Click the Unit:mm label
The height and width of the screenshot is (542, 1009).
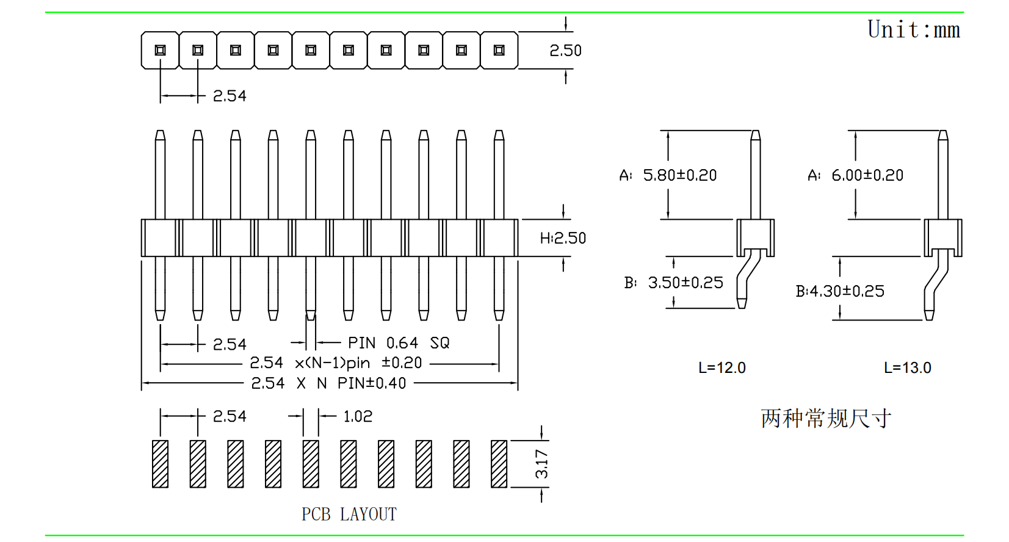[x=914, y=30]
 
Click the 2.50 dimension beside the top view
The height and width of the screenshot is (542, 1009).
[x=565, y=51]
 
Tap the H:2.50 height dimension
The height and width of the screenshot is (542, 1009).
[x=563, y=238]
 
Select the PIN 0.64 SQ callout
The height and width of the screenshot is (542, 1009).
[x=399, y=343]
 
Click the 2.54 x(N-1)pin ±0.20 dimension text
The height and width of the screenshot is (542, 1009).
[x=336, y=363]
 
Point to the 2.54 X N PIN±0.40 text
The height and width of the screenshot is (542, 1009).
[x=328, y=383]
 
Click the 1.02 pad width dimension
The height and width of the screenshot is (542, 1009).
[x=358, y=416]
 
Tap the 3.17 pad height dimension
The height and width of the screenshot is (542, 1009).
[x=541, y=464]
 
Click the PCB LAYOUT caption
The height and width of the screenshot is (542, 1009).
[x=349, y=515]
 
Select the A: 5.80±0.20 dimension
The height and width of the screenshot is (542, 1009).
[x=668, y=176]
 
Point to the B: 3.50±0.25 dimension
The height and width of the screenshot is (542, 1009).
[x=673, y=283]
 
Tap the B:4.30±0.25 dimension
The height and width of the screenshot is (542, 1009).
[x=840, y=291]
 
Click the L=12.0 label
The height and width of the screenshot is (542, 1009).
[x=722, y=368]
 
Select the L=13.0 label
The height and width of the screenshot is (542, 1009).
[x=908, y=368]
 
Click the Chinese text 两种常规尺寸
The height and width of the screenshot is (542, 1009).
[x=826, y=419]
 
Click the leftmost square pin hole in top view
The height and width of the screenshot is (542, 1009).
[x=161, y=51]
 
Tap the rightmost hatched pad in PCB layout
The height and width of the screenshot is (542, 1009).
[x=499, y=464]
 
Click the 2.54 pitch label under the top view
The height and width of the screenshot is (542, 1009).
[x=230, y=96]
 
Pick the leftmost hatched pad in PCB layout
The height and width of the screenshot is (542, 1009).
[x=161, y=464]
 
